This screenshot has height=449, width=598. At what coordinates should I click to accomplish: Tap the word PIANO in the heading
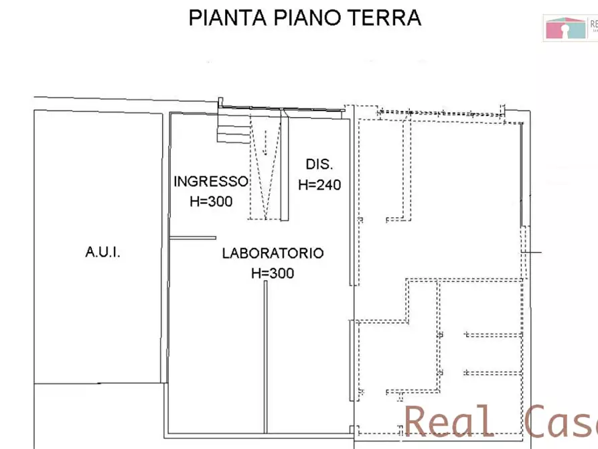pos(307,17)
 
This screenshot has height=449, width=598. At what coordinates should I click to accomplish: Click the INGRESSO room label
pos(211,182)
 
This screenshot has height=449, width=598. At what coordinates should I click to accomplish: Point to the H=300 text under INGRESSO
pos(211,201)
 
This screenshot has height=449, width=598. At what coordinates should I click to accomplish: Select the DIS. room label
pos(319,165)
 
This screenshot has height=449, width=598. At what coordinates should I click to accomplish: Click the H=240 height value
pos(319,185)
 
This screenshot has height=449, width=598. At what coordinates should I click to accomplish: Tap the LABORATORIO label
pos(273,253)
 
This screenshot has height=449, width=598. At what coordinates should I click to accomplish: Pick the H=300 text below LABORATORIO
pos(273,273)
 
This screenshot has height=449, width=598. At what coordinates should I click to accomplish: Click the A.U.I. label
pos(103,253)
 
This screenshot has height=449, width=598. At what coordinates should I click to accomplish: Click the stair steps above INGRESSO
pos(233,127)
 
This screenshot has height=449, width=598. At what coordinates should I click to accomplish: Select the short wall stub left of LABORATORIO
pos(193,238)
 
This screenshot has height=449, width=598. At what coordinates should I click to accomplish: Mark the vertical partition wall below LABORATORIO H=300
pos(265,355)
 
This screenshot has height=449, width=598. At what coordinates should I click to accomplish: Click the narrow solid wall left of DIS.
pos(285,168)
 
